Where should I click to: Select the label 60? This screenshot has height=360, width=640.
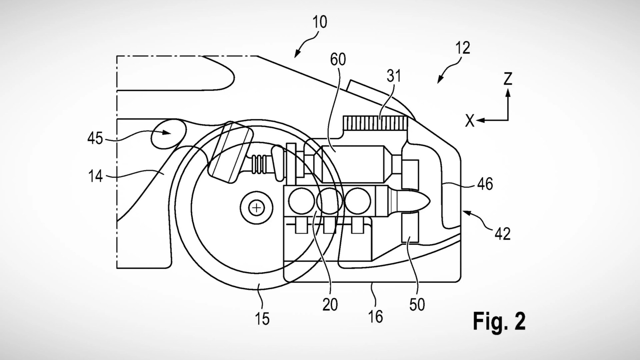point(338,59)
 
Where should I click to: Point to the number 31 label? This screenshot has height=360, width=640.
point(393,76)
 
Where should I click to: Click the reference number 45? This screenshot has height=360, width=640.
point(95,138)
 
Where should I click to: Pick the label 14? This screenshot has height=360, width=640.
point(95,176)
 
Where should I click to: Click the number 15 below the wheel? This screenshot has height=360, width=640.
point(262,318)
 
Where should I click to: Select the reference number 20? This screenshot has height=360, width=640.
point(330,304)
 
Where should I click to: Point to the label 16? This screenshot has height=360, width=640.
point(376,316)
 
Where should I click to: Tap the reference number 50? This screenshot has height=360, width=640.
point(417,304)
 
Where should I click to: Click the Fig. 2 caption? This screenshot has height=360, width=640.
point(499,321)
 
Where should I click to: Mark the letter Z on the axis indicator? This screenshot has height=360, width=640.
point(508,79)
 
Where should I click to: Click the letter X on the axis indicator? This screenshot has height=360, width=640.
point(470,121)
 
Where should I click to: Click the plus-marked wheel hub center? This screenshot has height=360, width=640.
point(257,208)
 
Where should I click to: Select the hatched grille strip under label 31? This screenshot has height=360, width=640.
point(376,122)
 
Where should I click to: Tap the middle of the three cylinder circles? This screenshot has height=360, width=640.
point(329,201)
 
